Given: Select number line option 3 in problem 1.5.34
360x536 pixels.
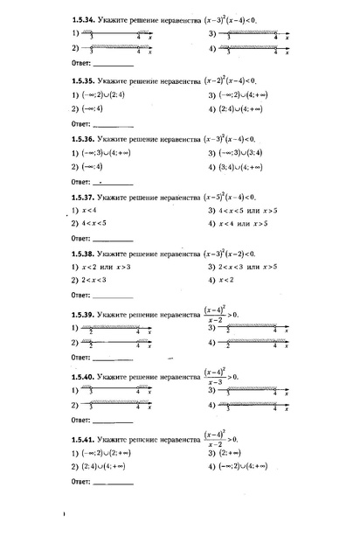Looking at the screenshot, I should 248,34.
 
